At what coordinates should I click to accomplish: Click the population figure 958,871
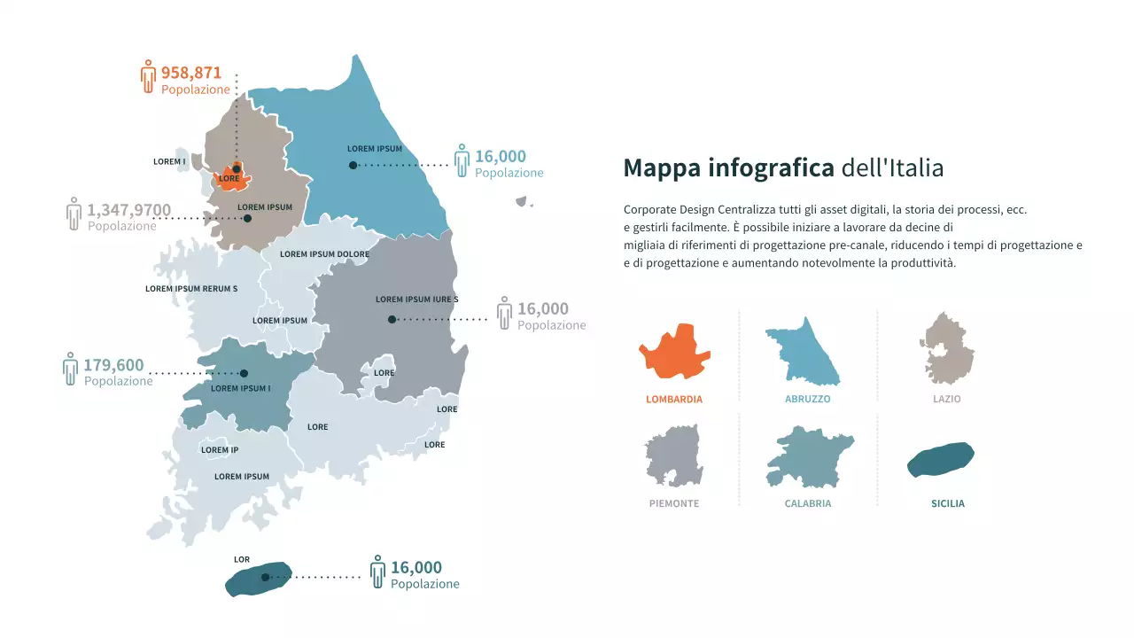[190, 73]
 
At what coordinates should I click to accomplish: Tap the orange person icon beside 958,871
[148, 77]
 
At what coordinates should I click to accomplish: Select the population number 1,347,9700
[128, 210]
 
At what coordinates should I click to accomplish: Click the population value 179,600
[113, 366]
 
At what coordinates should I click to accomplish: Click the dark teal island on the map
[258, 579]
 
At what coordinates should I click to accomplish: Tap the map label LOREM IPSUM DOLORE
[324, 254]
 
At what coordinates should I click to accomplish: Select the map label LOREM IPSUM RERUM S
[191, 289]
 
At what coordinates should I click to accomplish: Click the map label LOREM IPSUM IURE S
[416, 300]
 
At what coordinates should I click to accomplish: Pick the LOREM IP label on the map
[220, 450]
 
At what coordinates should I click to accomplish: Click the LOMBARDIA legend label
[674, 400]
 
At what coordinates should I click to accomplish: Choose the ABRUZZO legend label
[807, 400]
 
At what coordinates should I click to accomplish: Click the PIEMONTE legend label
[673, 504]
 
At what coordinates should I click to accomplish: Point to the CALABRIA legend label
[807, 504]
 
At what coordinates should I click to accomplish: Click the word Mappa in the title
[661, 167]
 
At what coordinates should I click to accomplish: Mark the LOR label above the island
[242, 560]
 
